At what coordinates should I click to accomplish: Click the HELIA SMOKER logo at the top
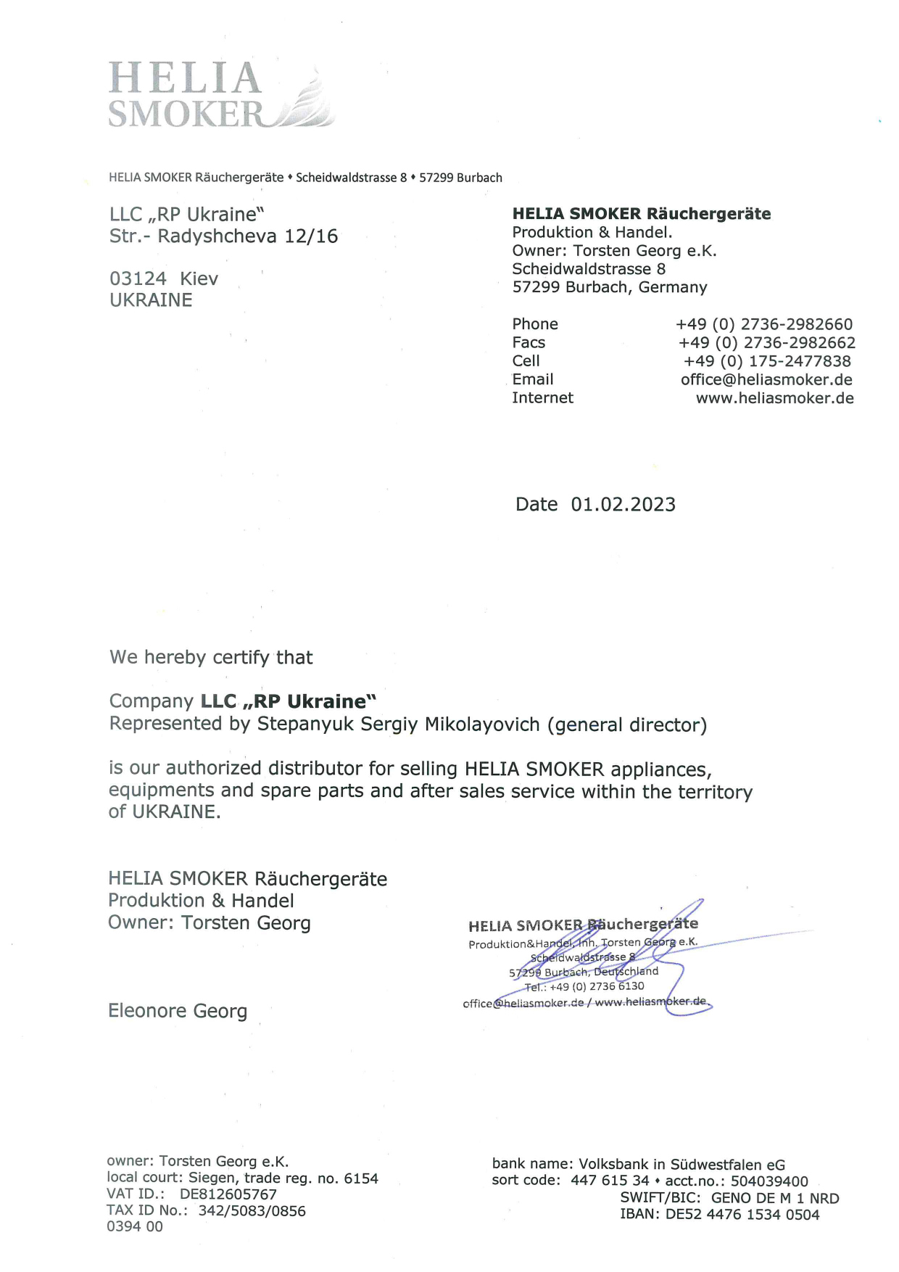coord(220,95)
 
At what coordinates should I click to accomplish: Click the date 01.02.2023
coord(623,505)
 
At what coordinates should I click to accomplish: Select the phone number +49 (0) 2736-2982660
coord(764,324)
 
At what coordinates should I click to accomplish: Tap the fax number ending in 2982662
coord(766,342)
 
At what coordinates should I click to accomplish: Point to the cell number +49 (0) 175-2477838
coord(767,361)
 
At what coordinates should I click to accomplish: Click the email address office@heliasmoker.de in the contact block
coord(766,379)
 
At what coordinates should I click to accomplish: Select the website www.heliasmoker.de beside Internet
coord(774,398)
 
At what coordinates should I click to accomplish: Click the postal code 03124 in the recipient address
coord(138,278)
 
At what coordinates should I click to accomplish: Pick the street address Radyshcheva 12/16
coord(247,236)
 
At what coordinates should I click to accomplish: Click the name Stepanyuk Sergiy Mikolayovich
coord(399,724)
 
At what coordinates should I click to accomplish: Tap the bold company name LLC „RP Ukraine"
coord(289,701)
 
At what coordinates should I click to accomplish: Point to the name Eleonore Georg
coord(178,1011)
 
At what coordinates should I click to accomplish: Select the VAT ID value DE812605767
coord(228,1194)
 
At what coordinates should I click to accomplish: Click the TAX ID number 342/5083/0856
coord(252,1211)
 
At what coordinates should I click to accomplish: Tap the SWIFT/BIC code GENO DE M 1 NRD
coord(774,1198)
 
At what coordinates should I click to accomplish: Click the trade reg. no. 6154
coord(361,1178)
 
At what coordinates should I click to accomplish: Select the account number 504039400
coord(768,1181)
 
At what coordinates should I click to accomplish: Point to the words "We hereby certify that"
coord(211,658)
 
